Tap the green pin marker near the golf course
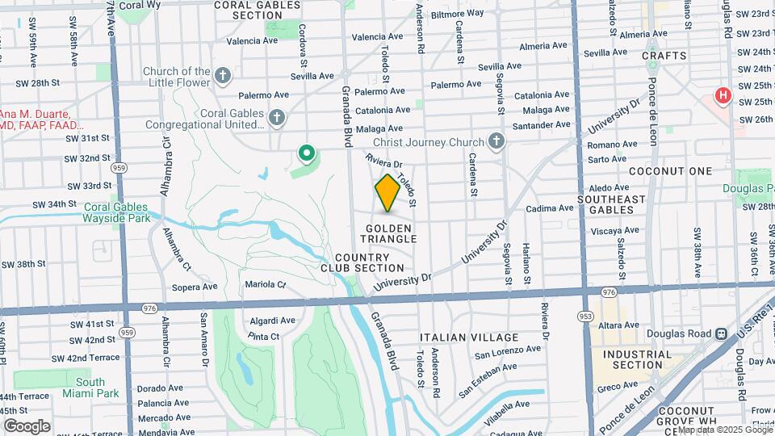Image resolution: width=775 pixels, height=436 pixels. click(x=307, y=152)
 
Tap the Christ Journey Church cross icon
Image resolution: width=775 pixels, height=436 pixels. click(x=496, y=142)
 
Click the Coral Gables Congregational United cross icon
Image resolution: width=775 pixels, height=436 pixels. click(x=277, y=119)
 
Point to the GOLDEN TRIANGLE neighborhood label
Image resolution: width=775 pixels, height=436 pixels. click(x=389, y=233)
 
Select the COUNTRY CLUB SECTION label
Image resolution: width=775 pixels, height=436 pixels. click(x=362, y=262)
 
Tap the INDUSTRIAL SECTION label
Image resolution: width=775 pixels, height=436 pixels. click(x=637, y=359)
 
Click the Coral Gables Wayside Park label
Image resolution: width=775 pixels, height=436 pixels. click(x=117, y=212)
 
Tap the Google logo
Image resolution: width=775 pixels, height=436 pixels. click(x=27, y=426)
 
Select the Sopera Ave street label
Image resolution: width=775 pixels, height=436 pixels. click(x=195, y=286)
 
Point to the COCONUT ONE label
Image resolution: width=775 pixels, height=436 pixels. click(x=682, y=171)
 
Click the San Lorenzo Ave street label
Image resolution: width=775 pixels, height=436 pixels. click(x=507, y=351)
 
